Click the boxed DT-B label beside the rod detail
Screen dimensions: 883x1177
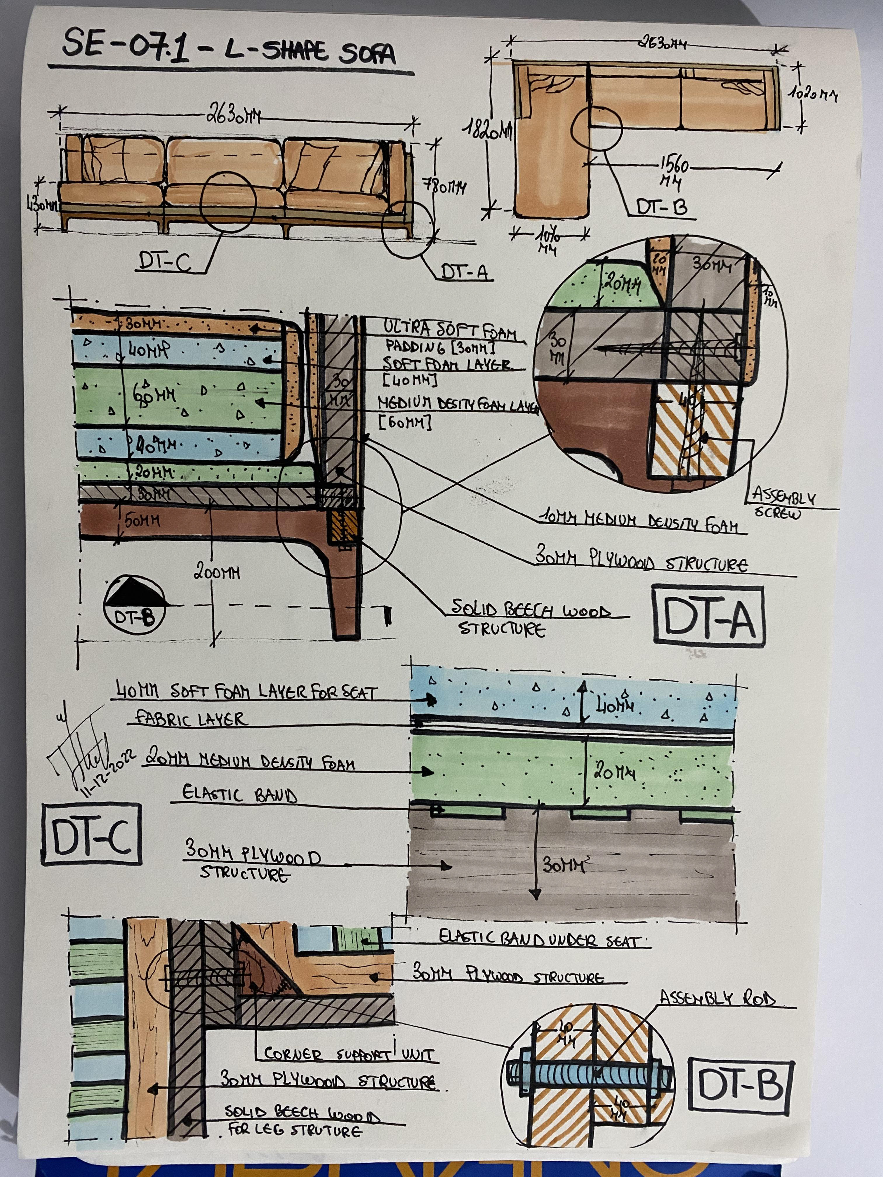click(740, 1085)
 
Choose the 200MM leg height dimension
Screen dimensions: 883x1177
click(217, 573)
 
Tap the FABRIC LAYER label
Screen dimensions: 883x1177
click(192, 719)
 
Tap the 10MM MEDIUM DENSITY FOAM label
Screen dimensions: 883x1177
click(639, 521)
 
